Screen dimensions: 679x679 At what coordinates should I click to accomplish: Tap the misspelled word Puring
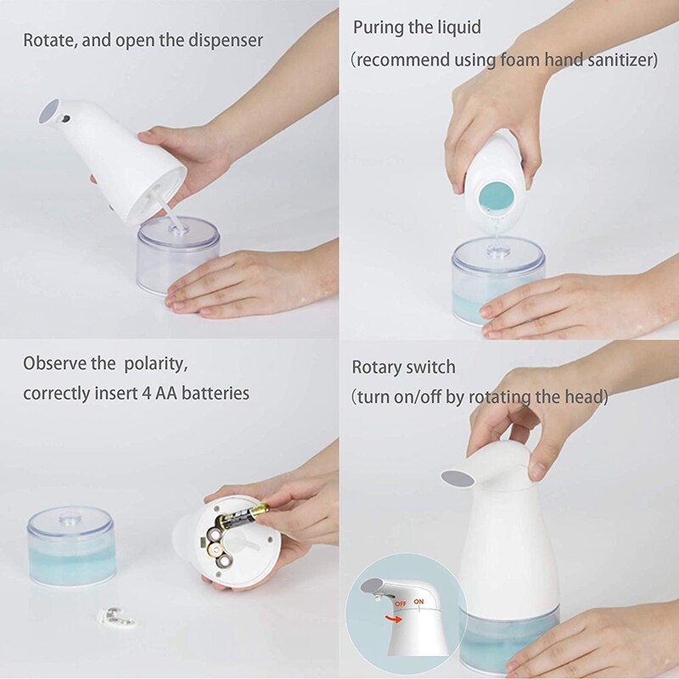(379, 27)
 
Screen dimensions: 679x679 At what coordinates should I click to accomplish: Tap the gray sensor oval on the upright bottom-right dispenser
(458, 478)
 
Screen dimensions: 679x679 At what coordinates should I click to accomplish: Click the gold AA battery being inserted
(243, 515)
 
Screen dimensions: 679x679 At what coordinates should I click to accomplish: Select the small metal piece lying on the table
(117, 617)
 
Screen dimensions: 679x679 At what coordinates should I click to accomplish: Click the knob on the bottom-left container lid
(71, 515)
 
